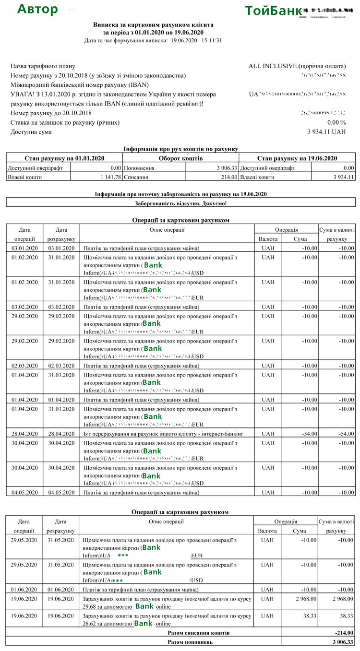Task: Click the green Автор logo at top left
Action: point(37,10)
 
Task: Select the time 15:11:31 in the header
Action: point(212,40)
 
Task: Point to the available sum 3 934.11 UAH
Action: point(326,132)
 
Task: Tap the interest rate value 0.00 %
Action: point(336,122)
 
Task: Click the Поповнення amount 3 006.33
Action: point(227,168)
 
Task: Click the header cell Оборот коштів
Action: point(180,158)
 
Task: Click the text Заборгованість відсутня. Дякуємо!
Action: point(181,203)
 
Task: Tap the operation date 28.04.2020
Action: point(24,434)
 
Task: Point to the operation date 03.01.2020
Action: point(24,248)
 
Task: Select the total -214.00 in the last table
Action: point(343,633)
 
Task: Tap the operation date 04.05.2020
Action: point(24,492)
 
